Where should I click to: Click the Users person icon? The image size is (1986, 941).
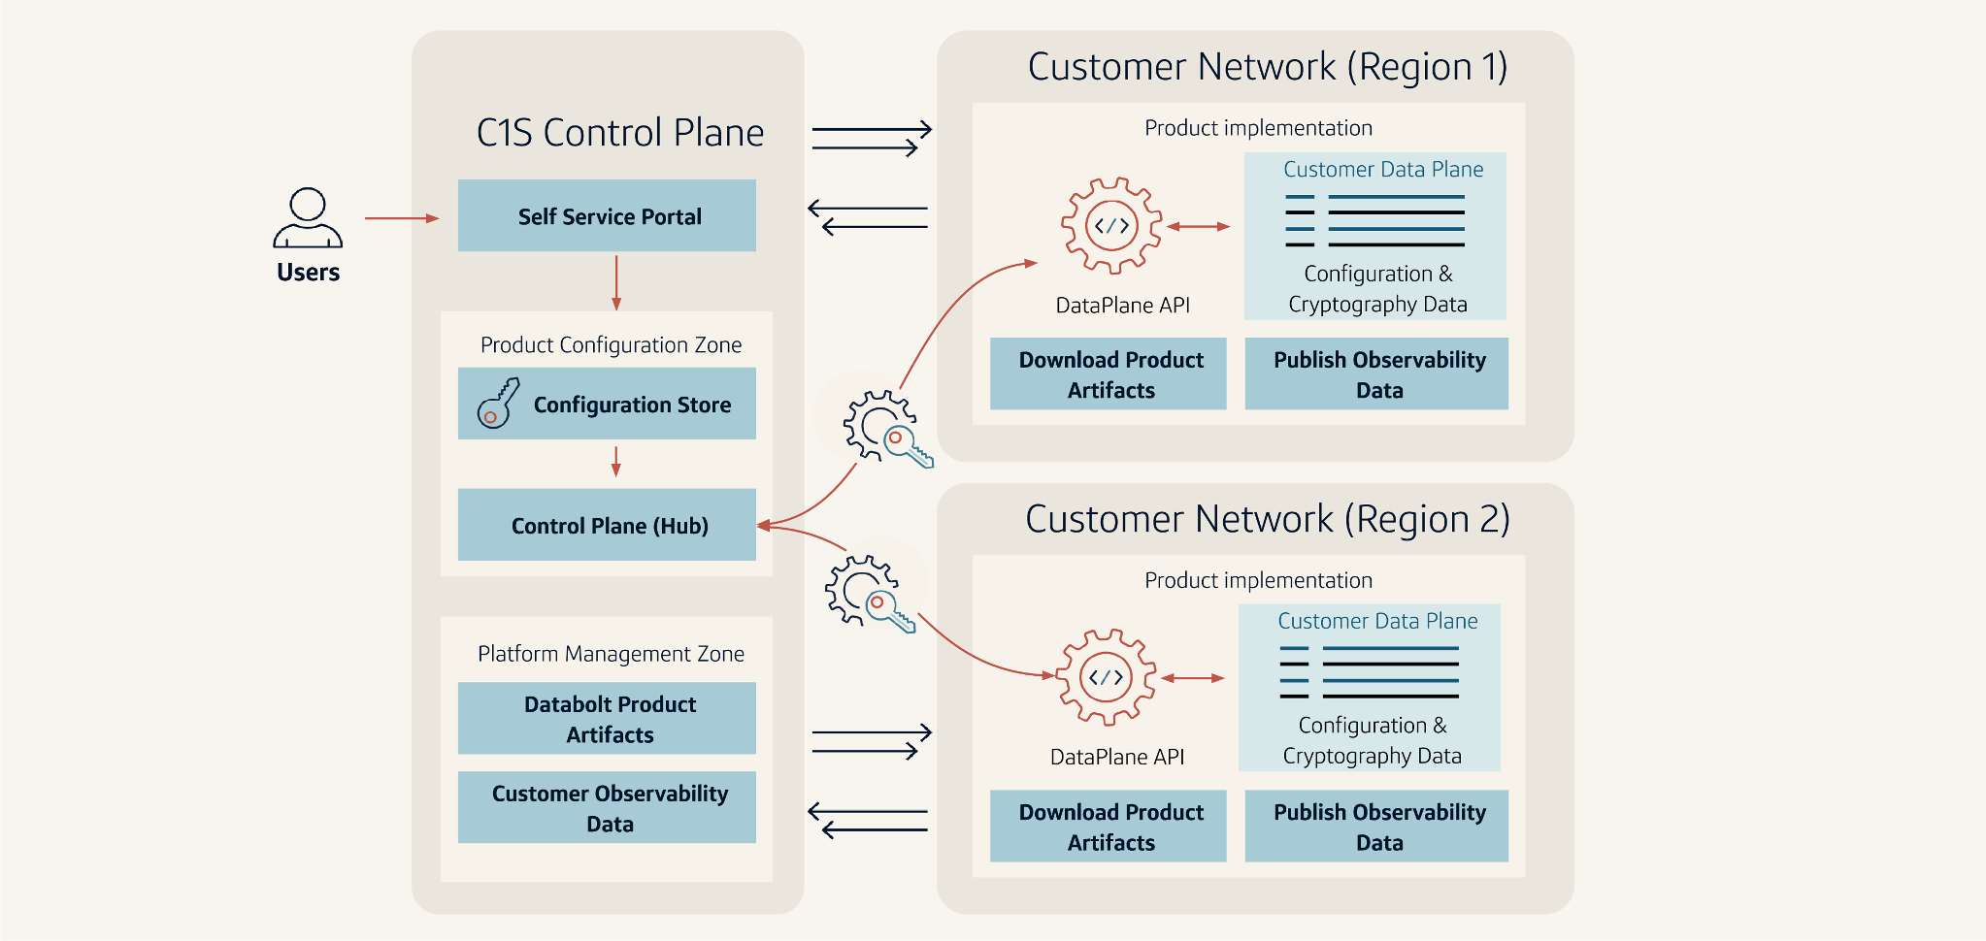coord(308,218)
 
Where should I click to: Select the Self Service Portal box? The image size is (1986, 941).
coord(607,215)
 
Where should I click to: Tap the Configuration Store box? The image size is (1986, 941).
coord(607,404)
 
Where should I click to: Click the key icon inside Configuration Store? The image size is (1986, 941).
coord(498,404)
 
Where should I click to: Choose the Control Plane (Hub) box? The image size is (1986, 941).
coord(607,525)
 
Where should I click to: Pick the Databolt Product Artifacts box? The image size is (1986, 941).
coord(607,719)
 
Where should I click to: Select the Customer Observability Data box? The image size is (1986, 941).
coord(607,807)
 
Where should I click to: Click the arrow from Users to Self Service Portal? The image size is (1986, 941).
coord(401,218)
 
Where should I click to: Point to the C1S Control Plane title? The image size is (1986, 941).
coord(619,133)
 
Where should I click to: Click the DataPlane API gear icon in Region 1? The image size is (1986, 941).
coord(1111,226)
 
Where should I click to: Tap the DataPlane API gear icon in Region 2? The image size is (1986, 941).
coord(1106,678)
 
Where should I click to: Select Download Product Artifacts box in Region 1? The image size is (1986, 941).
coord(1109,374)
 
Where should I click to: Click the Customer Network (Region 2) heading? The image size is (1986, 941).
coord(1267,520)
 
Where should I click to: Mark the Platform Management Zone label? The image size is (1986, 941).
coord(611,654)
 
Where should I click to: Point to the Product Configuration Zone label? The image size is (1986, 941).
coord(611,345)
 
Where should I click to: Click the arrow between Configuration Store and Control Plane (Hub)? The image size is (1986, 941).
coord(615,462)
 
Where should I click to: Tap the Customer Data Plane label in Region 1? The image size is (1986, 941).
coord(1383,170)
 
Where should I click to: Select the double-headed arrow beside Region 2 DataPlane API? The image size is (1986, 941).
coord(1193,678)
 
